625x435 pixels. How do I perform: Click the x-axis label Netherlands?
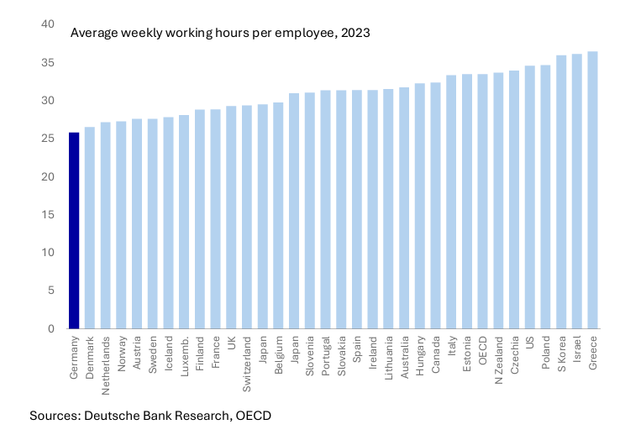105,360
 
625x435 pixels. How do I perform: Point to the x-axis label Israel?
577,348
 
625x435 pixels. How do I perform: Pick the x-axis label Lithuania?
388,356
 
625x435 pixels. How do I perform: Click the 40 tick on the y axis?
49,24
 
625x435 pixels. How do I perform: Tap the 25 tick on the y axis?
49,139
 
